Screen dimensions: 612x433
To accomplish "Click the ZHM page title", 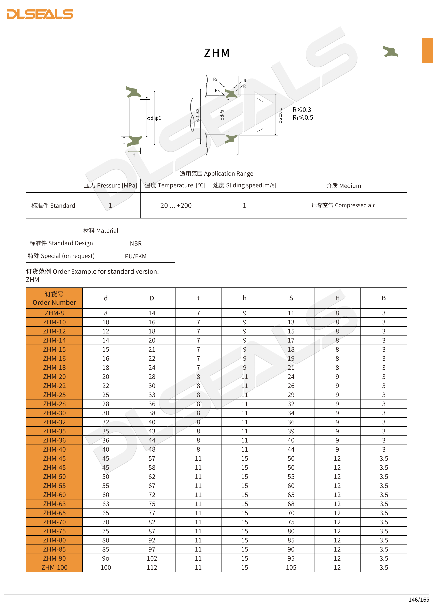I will click(x=217, y=53).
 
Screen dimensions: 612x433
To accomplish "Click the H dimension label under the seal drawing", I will click(x=134, y=155).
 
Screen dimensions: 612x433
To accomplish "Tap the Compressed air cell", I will click(x=343, y=205).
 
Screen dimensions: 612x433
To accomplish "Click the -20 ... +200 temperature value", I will click(x=175, y=205).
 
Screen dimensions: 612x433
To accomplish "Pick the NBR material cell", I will click(x=136, y=243).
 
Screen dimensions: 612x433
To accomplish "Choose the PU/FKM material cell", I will click(x=136, y=256).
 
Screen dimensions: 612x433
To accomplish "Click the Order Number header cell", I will click(x=54, y=298).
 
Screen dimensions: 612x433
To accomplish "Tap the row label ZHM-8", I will click(x=54, y=313).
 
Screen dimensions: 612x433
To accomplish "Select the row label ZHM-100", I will click(x=54, y=567).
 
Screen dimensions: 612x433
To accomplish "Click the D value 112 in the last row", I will click(x=152, y=567).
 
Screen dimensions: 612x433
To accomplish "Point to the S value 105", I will click(x=291, y=567).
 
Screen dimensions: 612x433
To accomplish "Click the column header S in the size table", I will click(x=291, y=298).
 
